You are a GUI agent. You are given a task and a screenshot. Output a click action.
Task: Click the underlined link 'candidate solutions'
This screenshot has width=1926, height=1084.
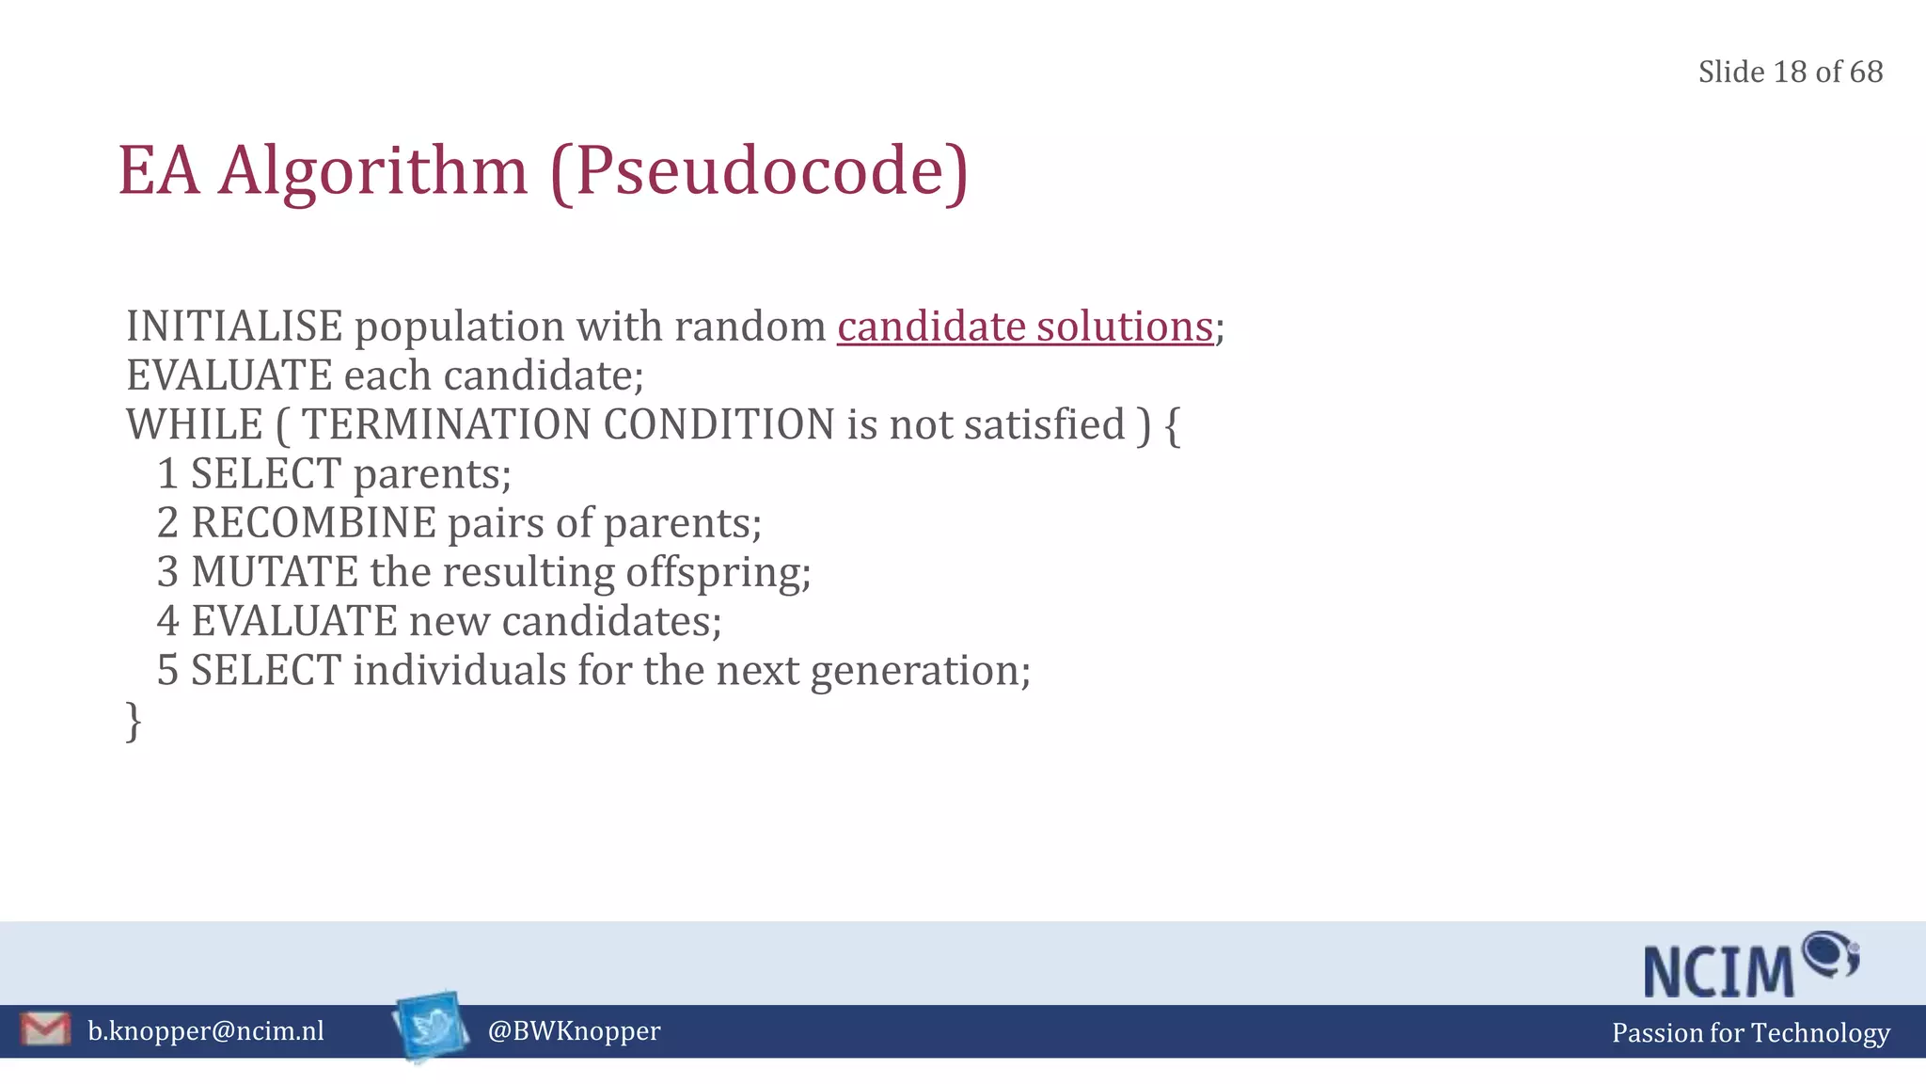[x=1025, y=327]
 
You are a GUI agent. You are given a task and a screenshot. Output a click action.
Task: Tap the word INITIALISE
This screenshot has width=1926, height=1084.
[x=234, y=327]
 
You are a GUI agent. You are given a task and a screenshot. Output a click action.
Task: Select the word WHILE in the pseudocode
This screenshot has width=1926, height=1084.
[x=195, y=424]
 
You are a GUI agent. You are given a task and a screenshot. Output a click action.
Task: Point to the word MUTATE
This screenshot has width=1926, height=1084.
[x=275, y=572]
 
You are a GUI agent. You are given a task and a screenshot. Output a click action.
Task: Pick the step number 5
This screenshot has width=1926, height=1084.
[x=167, y=671]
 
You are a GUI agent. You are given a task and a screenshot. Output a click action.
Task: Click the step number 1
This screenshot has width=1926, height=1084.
[x=167, y=473]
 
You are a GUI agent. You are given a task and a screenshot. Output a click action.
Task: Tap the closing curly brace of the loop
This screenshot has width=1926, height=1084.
[x=134, y=722]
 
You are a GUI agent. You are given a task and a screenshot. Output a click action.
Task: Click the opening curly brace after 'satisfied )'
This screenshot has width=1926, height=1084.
[x=1172, y=425]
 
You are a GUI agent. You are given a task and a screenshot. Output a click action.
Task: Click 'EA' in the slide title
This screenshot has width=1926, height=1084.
[x=159, y=171]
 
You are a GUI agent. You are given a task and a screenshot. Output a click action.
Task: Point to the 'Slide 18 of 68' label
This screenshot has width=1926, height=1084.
[x=1790, y=72]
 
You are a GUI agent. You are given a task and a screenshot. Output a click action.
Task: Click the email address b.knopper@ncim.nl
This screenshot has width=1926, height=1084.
[x=206, y=1031]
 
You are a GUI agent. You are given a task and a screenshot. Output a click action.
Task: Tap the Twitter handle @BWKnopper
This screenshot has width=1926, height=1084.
[x=574, y=1031]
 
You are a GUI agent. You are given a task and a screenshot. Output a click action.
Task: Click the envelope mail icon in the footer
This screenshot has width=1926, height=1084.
[x=45, y=1029]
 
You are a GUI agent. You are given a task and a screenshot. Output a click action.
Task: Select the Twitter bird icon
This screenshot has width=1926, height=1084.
[x=431, y=1027]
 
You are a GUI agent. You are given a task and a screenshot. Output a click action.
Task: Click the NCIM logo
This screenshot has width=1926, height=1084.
[x=1750, y=964]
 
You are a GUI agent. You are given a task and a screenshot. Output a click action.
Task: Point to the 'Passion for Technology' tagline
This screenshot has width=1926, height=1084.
[x=1750, y=1033]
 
